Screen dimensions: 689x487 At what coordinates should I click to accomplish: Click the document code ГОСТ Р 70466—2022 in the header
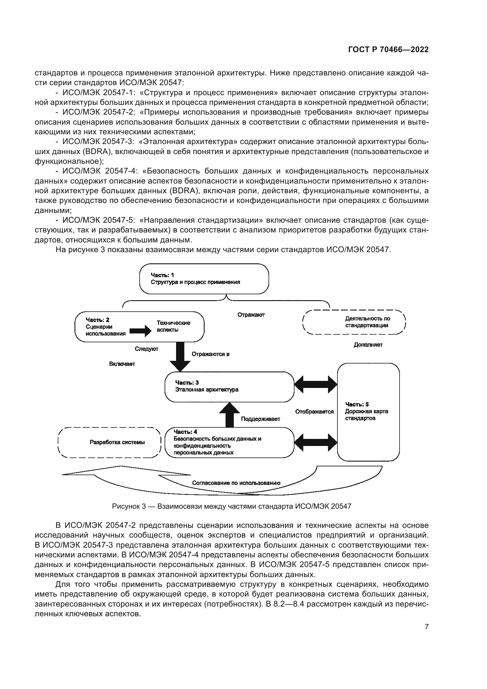tap(388, 50)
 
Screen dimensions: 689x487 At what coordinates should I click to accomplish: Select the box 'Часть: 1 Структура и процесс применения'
tap(204, 279)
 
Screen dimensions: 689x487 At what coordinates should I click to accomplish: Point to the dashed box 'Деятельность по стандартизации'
tap(354, 322)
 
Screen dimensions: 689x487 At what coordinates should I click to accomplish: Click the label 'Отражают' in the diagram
tap(251, 315)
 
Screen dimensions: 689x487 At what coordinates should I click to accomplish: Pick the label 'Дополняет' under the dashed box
tap(368, 345)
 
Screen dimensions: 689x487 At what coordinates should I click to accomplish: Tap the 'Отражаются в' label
tap(211, 354)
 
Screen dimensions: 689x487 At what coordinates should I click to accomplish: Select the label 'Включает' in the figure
tap(122, 364)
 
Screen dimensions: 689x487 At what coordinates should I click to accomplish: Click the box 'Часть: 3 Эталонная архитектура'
tap(229, 387)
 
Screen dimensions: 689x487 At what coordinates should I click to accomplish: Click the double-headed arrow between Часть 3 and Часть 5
tap(316, 384)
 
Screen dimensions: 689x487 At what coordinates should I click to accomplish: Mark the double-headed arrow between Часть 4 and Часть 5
tap(316, 442)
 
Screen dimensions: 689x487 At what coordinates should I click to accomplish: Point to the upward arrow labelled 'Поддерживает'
tap(229, 414)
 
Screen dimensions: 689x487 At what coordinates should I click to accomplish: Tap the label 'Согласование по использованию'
tap(236, 483)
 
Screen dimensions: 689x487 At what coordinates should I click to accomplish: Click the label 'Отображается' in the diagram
tap(314, 412)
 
